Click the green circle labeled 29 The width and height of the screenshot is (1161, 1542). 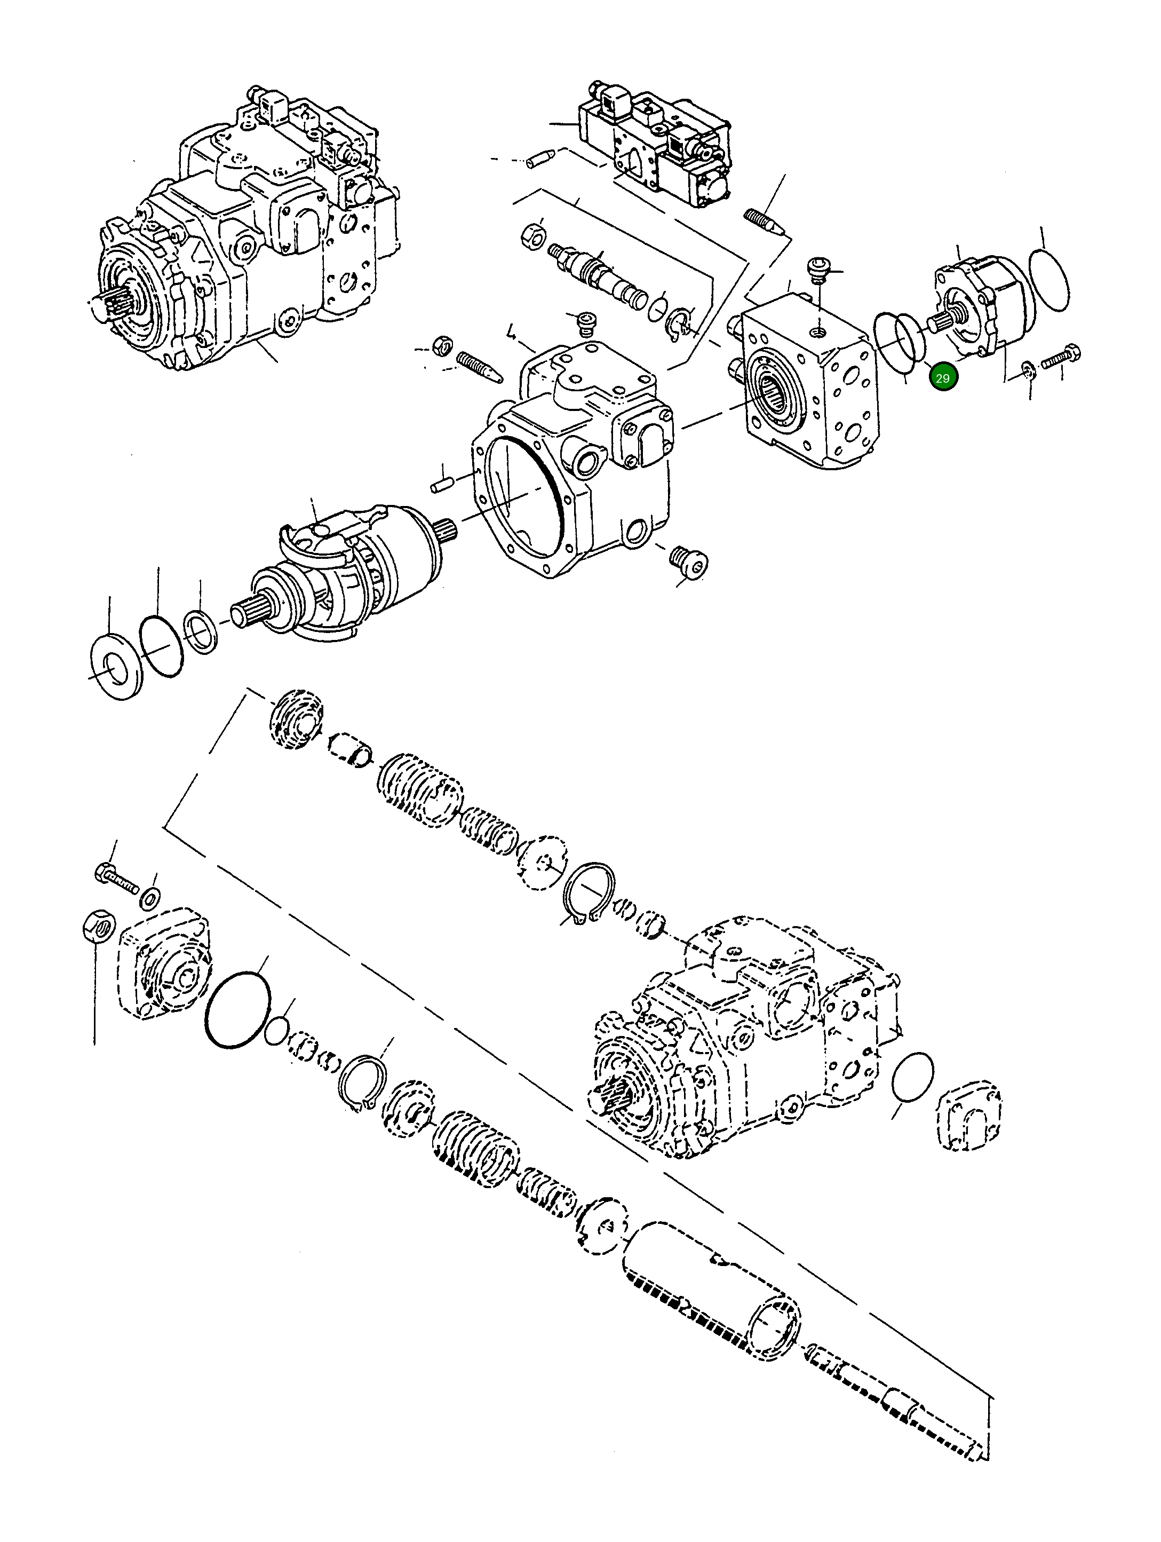coord(943,378)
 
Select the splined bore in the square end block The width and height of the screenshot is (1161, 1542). coord(776,390)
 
